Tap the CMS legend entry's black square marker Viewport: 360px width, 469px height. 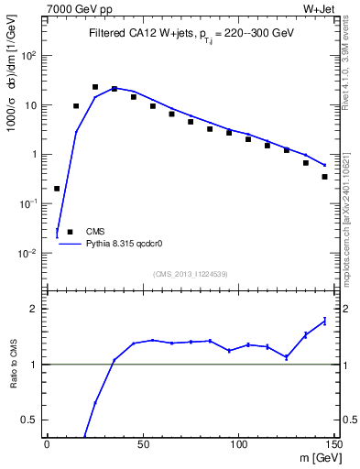[70, 232]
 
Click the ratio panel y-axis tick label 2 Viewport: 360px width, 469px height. [34, 309]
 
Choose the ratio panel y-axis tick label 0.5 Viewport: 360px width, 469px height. [29, 420]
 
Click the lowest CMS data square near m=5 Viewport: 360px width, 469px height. [57, 189]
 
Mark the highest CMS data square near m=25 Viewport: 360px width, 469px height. [95, 87]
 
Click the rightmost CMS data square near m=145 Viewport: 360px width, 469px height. [324, 177]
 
